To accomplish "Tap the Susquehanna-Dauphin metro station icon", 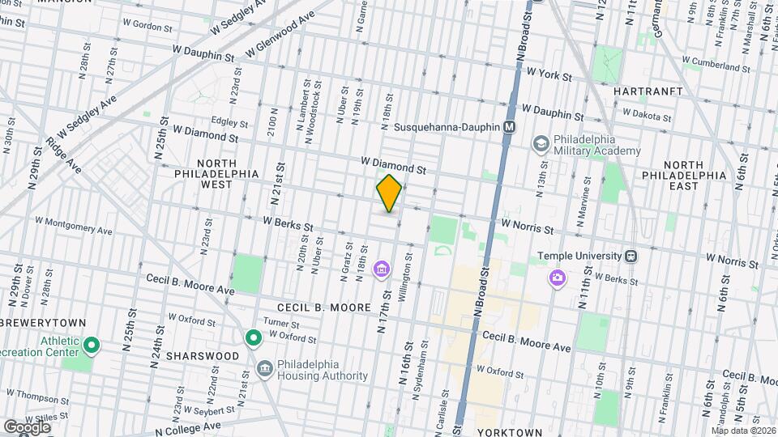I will click(x=510, y=127).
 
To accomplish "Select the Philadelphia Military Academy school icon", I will click(x=540, y=143).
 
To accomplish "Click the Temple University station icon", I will click(x=631, y=256).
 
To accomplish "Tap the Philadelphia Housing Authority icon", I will click(x=264, y=369).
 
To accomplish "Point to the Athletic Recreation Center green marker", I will click(x=92, y=346).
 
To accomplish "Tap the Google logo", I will click(x=27, y=426).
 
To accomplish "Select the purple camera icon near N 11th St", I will click(x=557, y=278).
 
